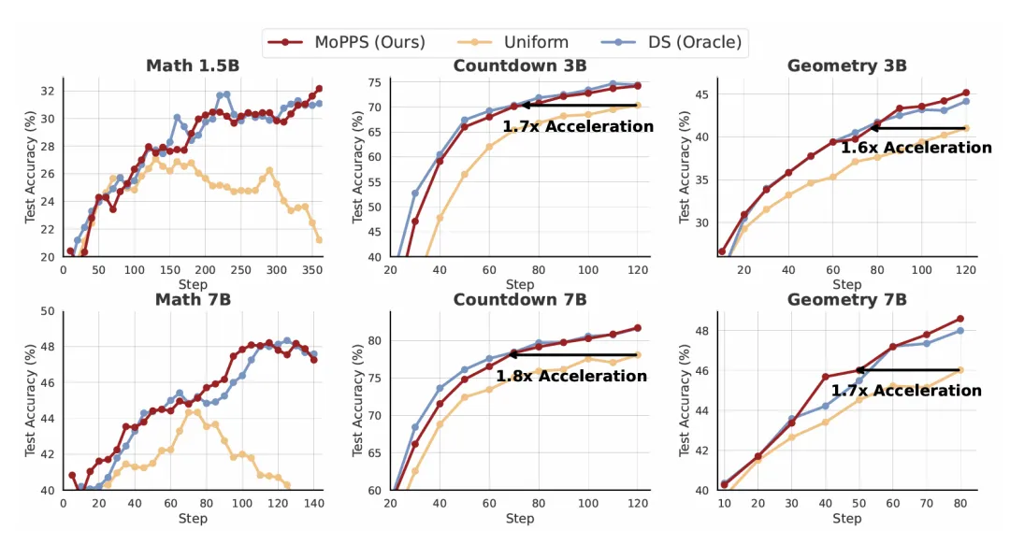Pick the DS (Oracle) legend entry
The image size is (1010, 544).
pos(684,42)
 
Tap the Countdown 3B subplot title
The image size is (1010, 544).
pos(520,65)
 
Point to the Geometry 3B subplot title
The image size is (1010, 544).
pos(846,65)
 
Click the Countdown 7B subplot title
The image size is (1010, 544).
pos(520,299)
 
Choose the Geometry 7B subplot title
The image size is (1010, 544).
pos(846,299)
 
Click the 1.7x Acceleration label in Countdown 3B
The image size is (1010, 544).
pos(578,126)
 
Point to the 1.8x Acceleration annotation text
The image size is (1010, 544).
pos(570,376)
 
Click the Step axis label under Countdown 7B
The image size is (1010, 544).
pos(521,518)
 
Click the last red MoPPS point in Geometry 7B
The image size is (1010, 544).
pos(959,319)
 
